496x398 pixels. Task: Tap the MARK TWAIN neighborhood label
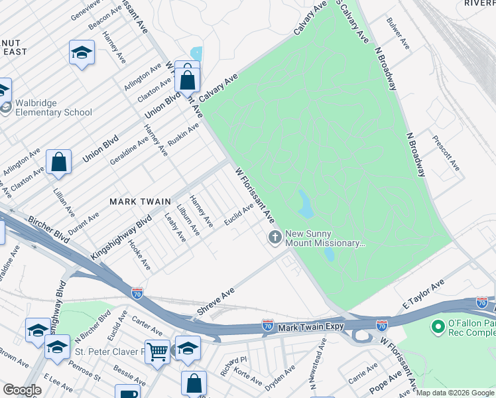pos(140,201)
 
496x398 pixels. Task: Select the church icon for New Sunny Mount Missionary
pos(275,237)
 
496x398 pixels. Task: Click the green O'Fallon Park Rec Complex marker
pos(437,326)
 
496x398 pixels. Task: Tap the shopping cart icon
pos(157,351)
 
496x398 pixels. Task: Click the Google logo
pos(22,390)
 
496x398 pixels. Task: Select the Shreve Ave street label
pos(216,301)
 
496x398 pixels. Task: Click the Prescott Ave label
pos(446,153)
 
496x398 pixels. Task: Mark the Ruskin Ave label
pos(184,137)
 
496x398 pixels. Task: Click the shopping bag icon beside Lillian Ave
pos(59,162)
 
